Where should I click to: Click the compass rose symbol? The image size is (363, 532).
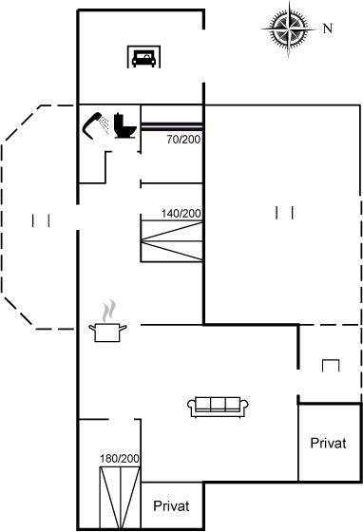[289, 29]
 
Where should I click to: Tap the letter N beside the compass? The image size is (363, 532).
[328, 28]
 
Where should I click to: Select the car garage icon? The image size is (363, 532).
[143, 57]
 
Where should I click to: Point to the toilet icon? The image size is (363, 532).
[124, 125]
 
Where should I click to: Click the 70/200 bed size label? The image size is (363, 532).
[183, 139]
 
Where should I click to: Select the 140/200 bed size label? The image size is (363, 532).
[181, 214]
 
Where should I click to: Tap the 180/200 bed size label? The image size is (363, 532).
[120, 459]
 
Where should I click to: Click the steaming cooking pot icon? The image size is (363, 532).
[107, 332]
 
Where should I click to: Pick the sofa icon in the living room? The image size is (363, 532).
[218, 407]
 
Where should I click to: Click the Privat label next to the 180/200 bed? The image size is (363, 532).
[171, 505]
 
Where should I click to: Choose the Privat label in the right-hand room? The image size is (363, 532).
[329, 443]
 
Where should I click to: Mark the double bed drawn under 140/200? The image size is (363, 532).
[172, 241]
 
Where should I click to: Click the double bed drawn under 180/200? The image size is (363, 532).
[120, 497]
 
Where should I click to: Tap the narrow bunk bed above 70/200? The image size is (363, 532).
[172, 126]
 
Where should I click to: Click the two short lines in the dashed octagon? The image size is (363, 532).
[42, 220]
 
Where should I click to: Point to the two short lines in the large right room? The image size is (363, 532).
[285, 213]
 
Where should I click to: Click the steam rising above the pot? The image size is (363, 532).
[109, 310]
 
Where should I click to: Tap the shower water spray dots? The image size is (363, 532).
[105, 124]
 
